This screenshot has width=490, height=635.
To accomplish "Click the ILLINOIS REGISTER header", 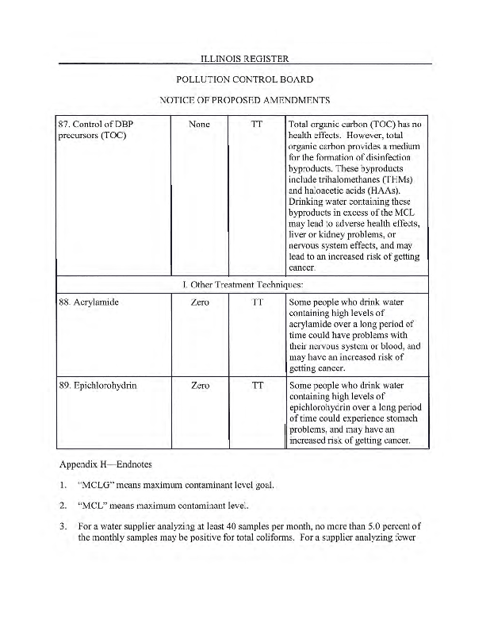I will [x=244, y=58].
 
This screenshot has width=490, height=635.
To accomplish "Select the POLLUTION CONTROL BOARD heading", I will [x=244, y=79].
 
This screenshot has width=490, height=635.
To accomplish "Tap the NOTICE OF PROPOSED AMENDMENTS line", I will [x=244, y=100].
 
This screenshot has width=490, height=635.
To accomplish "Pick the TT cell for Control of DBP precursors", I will [x=257, y=125].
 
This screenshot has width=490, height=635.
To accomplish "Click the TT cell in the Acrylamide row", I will [x=257, y=302].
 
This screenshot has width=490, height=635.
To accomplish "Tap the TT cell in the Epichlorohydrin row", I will [x=257, y=386].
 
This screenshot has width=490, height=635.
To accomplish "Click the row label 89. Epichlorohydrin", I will [x=98, y=386].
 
